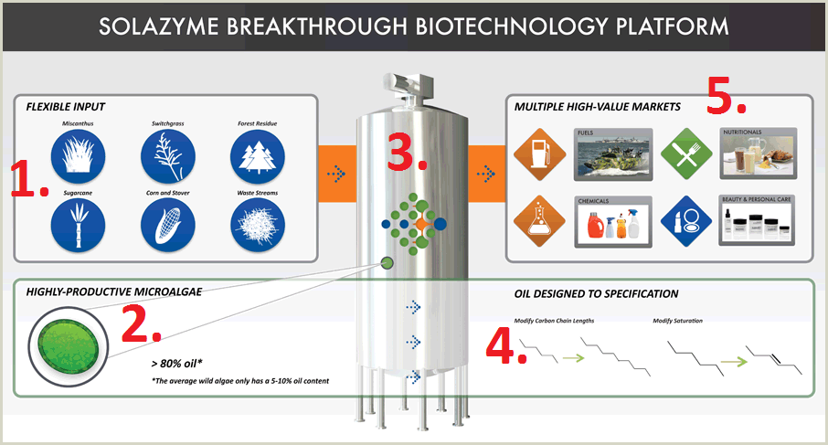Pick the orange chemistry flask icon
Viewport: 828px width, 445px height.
click(x=537, y=220)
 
